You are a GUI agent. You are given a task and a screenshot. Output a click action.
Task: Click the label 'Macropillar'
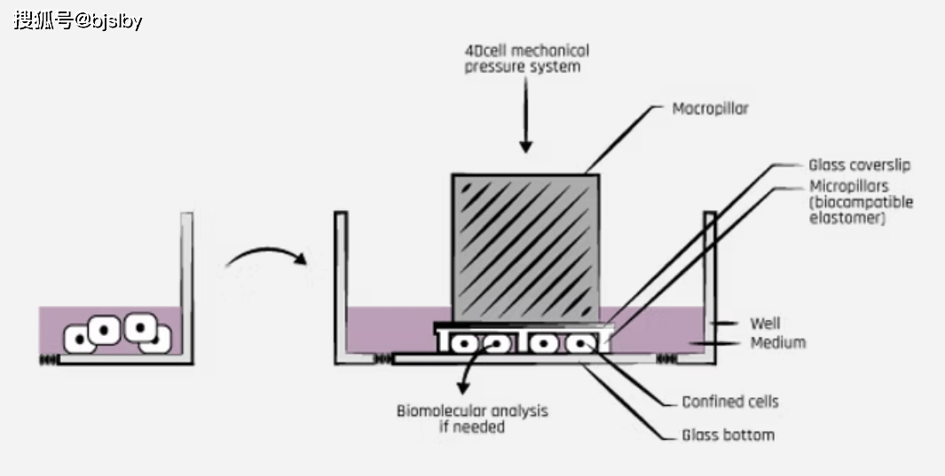[710, 109]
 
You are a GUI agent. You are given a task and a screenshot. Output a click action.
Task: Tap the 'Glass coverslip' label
[859, 165]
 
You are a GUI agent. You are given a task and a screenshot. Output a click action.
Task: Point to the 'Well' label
[765, 324]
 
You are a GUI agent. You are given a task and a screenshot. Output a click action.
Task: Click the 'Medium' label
[777, 342]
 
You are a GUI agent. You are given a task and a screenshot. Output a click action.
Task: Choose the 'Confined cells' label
[729, 402]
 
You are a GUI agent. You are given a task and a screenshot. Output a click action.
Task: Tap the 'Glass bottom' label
[728, 434]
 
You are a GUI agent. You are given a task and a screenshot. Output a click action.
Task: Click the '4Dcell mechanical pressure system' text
[526, 59]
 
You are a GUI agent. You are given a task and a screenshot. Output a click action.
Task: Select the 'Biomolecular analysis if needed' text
[472, 418]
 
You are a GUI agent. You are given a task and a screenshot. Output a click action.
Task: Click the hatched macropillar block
[525, 248]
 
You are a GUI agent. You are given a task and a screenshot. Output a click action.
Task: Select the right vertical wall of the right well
[709, 284]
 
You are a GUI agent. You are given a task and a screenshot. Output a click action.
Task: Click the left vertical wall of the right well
[339, 284]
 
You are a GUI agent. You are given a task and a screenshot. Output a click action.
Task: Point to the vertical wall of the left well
[186, 284]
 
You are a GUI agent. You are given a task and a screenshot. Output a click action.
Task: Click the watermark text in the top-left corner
[78, 20]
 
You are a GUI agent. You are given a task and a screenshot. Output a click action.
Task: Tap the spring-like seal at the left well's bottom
[48, 359]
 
